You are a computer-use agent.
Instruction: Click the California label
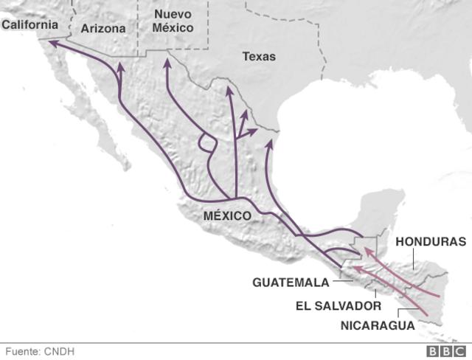tap(29, 25)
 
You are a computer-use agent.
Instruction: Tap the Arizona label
tap(103, 29)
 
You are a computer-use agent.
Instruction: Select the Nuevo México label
tap(173, 21)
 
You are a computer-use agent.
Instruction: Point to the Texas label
tap(258, 56)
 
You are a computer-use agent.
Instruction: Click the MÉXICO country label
tap(227, 216)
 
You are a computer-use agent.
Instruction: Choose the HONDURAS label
tap(431, 241)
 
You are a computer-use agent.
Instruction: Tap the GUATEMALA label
tap(290, 283)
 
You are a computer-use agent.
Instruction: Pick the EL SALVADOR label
tap(339, 305)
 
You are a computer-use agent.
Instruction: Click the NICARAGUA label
tap(378, 325)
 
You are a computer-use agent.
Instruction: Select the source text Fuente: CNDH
tap(40, 351)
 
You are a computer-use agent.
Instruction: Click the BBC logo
tap(445, 351)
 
